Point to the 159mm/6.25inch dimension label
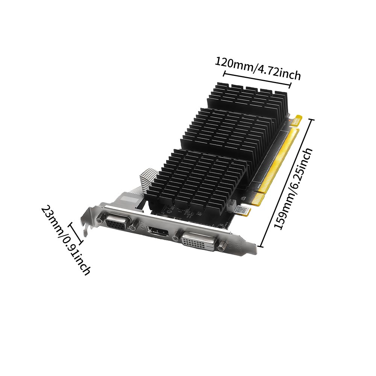(294, 189)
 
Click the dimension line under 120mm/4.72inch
(257, 79)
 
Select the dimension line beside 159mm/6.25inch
(286, 183)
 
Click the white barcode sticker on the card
(241, 210)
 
